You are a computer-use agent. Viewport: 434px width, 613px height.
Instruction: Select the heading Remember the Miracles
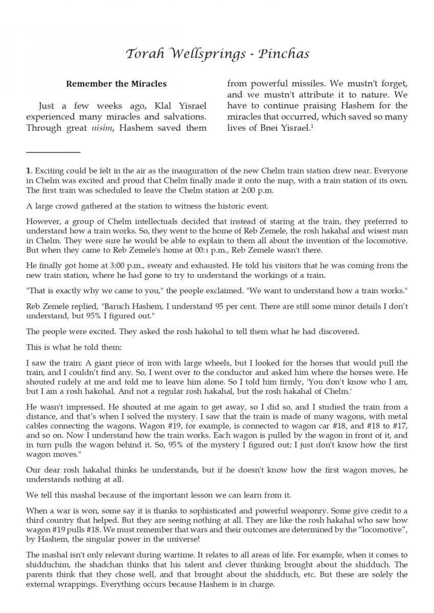coord(116,84)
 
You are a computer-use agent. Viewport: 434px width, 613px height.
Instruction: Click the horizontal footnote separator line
coord(53,152)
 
